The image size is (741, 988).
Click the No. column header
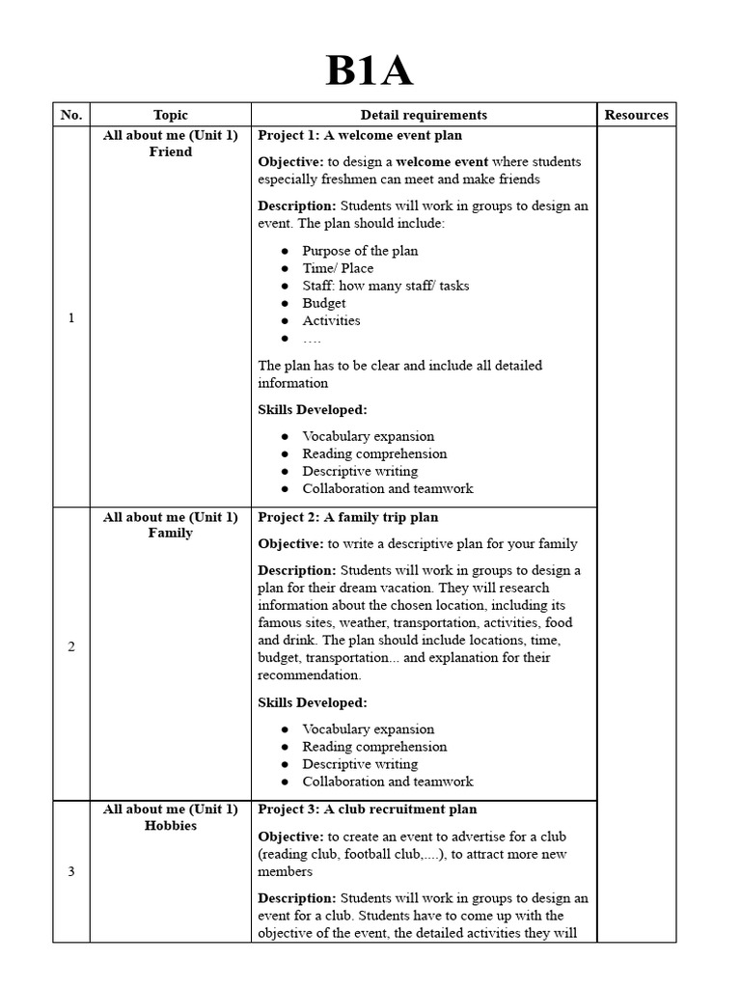click(71, 115)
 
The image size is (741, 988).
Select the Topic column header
click(171, 115)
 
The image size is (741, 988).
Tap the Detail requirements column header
click(424, 115)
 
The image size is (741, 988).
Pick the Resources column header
click(636, 115)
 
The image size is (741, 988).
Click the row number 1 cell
click(71, 318)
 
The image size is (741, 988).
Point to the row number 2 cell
click(71, 646)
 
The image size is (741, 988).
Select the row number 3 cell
click(71, 872)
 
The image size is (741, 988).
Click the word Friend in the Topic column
click(171, 151)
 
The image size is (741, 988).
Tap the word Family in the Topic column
click(171, 533)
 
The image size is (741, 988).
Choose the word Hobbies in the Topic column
click(171, 826)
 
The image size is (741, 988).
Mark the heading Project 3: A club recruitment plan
click(367, 810)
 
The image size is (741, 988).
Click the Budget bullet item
click(324, 303)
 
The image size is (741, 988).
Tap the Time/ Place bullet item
click(338, 268)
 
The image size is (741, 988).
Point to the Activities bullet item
click(331, 320)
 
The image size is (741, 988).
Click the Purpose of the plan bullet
click(360, 251)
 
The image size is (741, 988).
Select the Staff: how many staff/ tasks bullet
click(386, 286)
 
